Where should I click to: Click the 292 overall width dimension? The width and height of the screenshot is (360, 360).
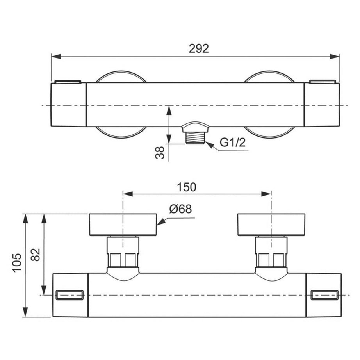[x=199, y=48]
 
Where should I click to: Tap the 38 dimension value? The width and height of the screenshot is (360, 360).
[x=159, y=153]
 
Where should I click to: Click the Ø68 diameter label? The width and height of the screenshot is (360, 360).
[x=180, y=209]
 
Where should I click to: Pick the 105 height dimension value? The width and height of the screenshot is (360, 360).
[x=16, y=265]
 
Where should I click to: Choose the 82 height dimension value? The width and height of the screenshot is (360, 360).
[x=36, y=255]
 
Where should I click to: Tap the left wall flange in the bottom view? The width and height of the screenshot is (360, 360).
[x=123, y=225]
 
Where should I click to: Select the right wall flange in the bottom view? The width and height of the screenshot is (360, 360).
[x=271, y=225]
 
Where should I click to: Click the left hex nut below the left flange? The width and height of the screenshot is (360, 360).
[x=123, y=259]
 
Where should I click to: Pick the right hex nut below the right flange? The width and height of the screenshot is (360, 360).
[x=271, y=259]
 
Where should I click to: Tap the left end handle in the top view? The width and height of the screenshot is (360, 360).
[x=69, y=104]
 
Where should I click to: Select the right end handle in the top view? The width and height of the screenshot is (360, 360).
[x=322, y=104]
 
